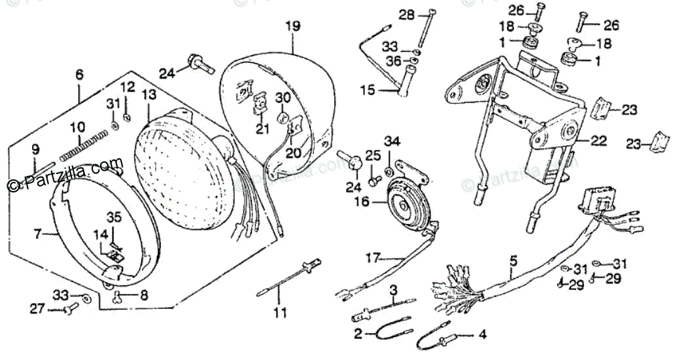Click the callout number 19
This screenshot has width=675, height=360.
(x=292, y=26)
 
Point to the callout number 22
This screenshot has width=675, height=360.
(x=599, y=141)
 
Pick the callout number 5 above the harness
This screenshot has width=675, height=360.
(x=513, y=261)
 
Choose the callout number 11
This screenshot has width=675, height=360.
(x=280, y=314)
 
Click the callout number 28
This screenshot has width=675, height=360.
(x=407, y=14)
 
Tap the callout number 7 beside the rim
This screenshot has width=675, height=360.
(x=37, y=232)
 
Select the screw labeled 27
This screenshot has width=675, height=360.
(x=67, y=309)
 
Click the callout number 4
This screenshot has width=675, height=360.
(x=482, y=335)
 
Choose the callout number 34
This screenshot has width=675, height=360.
(x=391, y=142)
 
